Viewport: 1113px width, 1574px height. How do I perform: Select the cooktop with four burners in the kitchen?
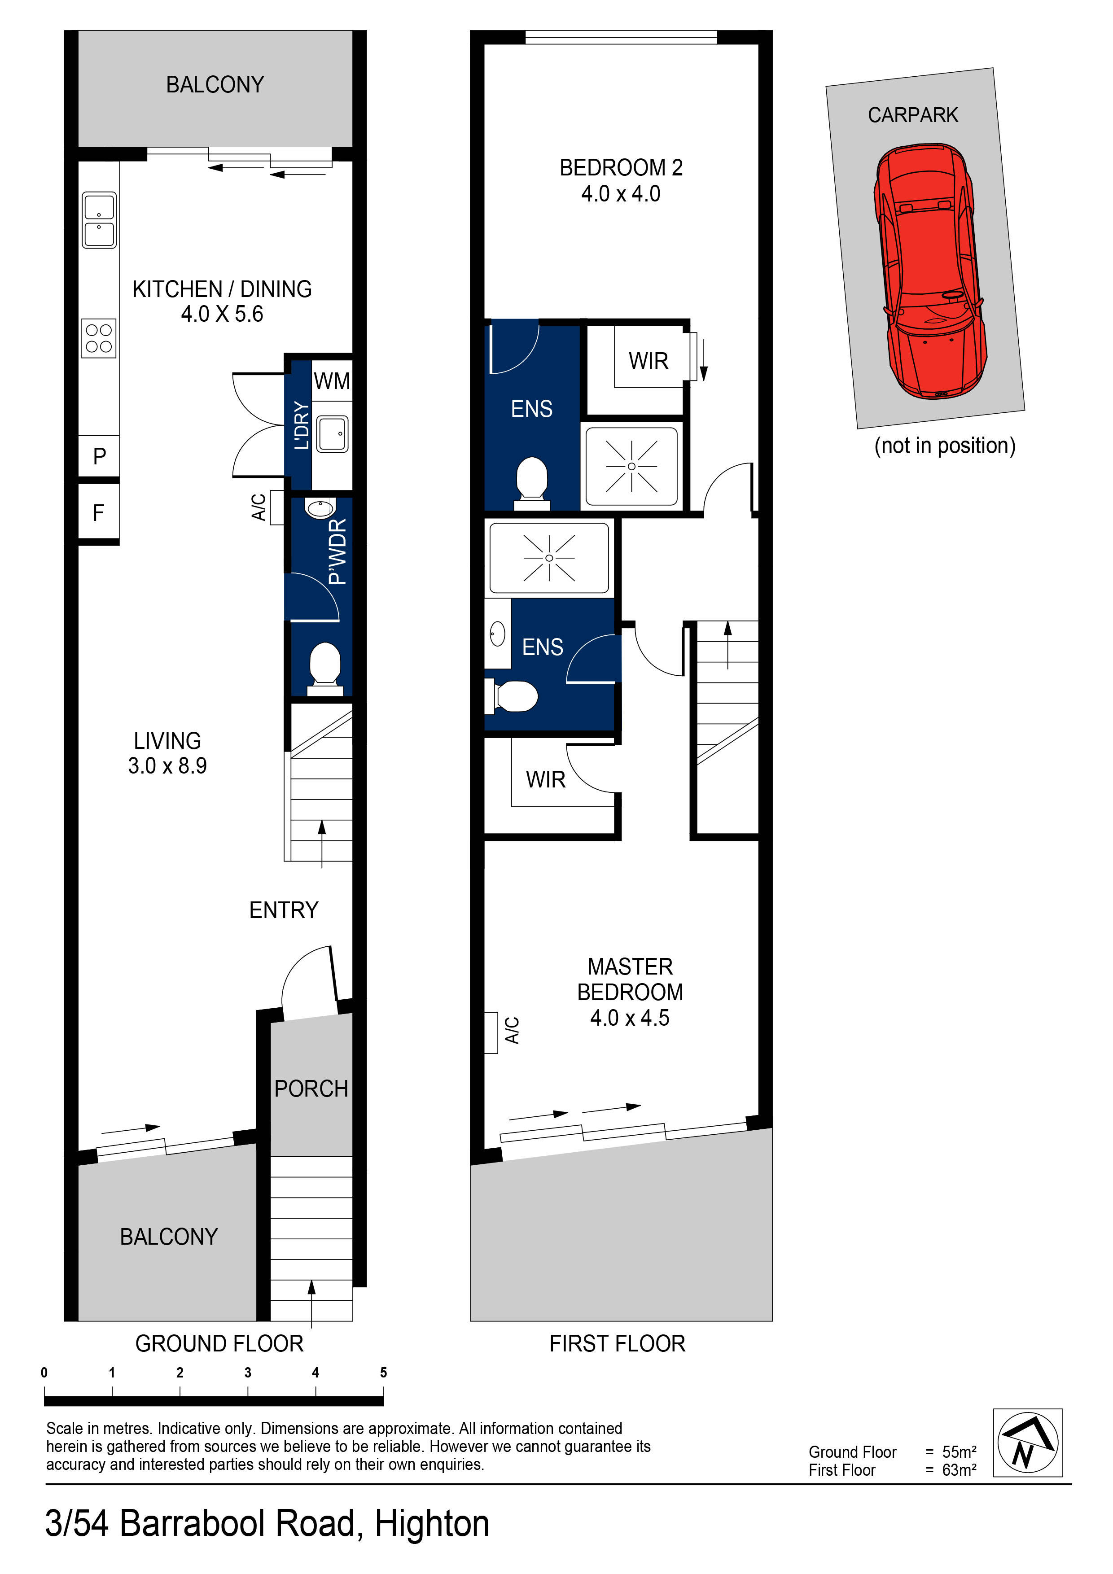point(99,338)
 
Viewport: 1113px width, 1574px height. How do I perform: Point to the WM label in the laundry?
point(332,381)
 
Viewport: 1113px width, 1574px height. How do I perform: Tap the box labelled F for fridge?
point(99,513)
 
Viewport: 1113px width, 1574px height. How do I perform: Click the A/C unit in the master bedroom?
point(491,1032)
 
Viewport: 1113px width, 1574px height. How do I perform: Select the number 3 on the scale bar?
point(248,1373)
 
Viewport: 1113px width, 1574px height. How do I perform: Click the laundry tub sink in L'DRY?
point(333,434)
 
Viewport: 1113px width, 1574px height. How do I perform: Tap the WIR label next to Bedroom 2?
point(648,361)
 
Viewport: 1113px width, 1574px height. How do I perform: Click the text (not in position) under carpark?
point(944,446)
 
